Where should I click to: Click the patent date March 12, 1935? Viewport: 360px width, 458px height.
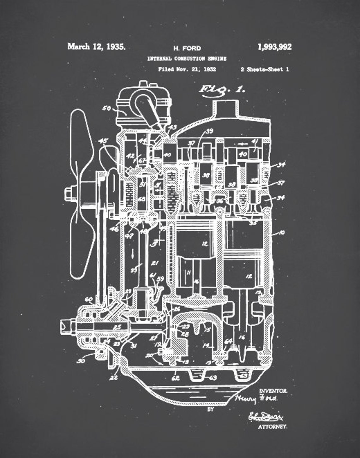96,47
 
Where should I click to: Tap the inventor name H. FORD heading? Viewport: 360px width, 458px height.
187,48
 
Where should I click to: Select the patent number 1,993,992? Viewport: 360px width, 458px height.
274,47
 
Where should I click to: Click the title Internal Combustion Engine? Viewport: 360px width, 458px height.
187,59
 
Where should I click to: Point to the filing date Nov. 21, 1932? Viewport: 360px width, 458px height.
187,69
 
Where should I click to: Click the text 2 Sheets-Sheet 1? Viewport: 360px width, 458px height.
265,69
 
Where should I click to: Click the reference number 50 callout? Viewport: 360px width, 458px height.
107,109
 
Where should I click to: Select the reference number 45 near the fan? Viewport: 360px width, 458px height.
103,141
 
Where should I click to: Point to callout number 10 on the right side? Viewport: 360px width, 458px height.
281,233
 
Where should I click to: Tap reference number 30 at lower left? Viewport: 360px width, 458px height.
81,361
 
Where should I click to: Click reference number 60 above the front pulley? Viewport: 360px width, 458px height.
89,299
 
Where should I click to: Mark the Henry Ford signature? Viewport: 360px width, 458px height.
256,399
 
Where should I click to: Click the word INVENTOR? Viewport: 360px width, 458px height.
273,391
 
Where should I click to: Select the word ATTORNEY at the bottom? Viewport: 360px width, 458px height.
273,427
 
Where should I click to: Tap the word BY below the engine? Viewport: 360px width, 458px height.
211,409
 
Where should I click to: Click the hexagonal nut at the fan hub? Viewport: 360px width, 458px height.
69,194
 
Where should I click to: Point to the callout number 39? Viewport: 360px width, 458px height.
209,131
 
